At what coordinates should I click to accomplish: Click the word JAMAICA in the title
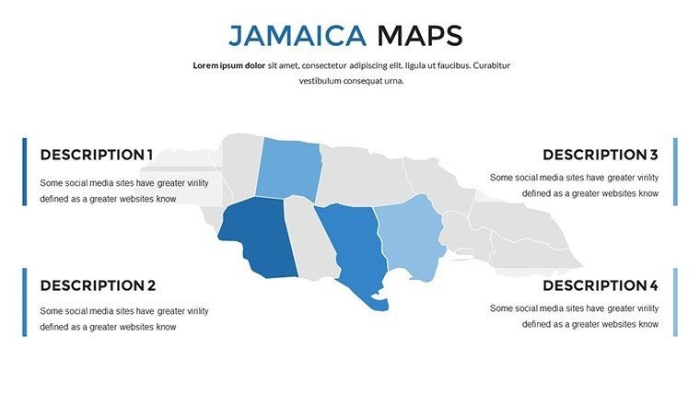click(x=297, y=36)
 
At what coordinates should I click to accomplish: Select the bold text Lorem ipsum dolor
click(x=228, y=65)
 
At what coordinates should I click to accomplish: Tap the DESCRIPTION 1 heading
click(x=97, y=155)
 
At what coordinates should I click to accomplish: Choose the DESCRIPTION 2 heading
click(x=98, y=285)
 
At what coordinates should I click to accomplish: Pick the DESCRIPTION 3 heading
click(x=600, y=155)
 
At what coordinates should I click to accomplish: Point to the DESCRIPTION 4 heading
click(x=600, y=285)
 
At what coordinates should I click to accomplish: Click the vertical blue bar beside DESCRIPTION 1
click(x=25, y=171)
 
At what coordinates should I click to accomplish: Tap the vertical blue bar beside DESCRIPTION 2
click(x=25, y=302)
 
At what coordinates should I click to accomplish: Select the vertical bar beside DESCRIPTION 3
click(x=675, y=171)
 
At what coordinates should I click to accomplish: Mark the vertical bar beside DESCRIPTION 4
click(x=675, y=302)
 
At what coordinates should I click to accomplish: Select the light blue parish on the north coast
click(x=287, y=168)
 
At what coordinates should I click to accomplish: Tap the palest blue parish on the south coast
click(x=409, y=239)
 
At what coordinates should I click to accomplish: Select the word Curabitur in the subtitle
click(x=489, y=65)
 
